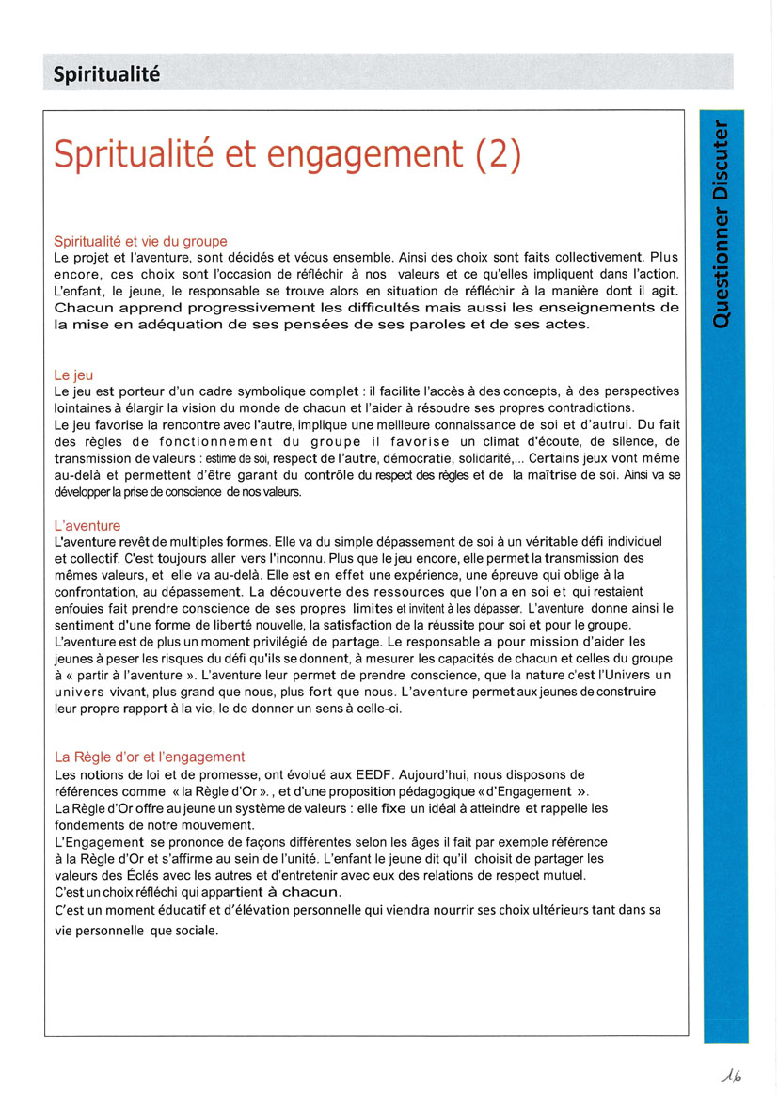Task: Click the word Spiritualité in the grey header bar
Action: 106,72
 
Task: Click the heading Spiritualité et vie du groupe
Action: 140,241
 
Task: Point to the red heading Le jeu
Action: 73,375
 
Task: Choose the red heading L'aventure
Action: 87,526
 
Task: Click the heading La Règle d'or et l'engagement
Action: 150,756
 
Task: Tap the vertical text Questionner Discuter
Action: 721,224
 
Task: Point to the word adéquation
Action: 169,325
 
